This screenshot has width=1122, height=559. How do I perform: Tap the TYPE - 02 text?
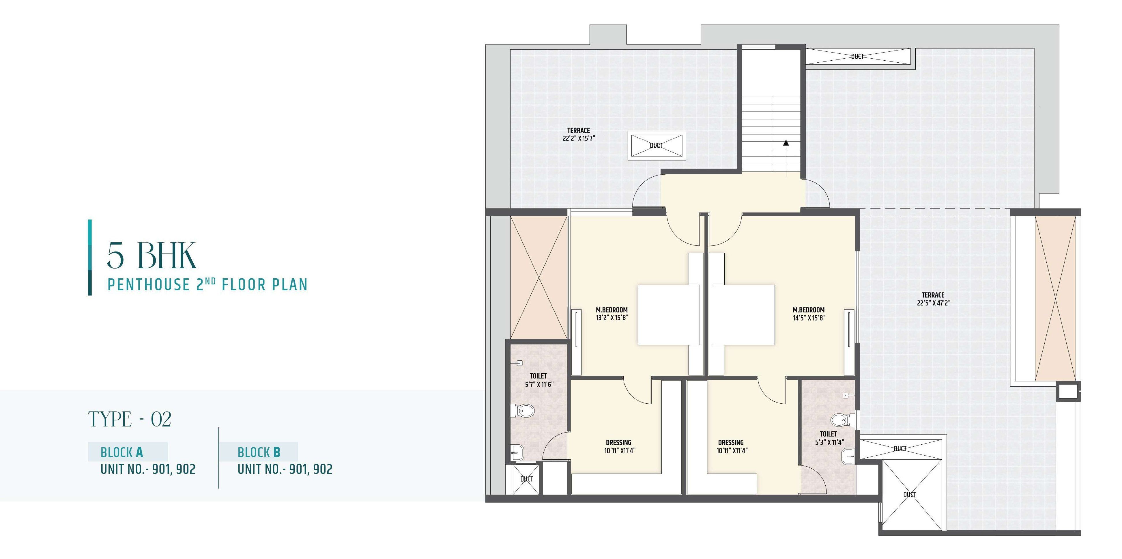[130, 419]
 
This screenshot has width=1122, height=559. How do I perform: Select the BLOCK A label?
[121, 452]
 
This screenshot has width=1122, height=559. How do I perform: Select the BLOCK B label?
[259, 452]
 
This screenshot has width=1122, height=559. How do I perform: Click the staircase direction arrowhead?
[786, 142]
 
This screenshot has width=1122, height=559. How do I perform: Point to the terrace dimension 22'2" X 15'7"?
[578, 138]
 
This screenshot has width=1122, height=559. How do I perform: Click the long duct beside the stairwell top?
[857, 57]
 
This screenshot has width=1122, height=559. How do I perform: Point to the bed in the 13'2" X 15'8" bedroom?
[669, 314]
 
